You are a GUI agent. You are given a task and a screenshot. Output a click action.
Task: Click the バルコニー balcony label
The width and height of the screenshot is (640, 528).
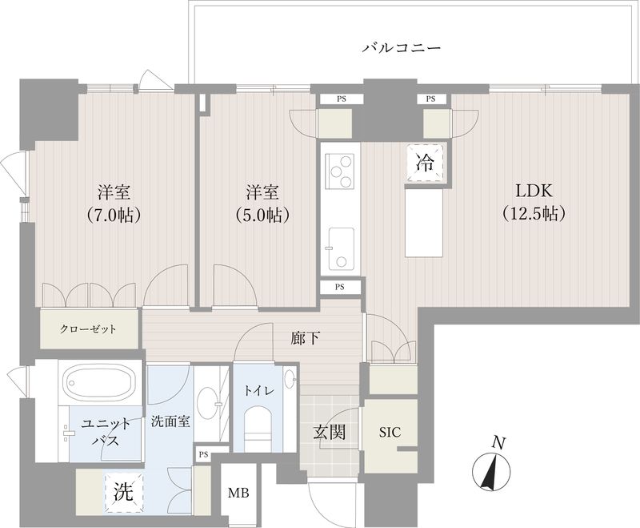click(x=402, y=48)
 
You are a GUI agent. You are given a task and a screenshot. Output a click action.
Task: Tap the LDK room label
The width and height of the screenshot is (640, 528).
click(x=534, y=191)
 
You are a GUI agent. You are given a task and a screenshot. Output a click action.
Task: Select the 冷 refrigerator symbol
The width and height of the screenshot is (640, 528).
click(x=425, y=163)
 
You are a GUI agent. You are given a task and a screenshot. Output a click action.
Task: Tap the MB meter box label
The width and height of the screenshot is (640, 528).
click(x=238, y=493)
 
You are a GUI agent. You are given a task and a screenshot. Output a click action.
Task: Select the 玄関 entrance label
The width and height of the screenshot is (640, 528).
click(x=329, y=433)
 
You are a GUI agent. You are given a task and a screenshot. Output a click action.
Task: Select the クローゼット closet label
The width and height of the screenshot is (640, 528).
click(x=88, y=328)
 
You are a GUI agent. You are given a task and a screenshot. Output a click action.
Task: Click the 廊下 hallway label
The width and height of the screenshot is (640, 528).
click(x=306, y=338)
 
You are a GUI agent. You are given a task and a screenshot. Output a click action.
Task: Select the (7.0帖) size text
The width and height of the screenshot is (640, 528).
click(x=115, y=214)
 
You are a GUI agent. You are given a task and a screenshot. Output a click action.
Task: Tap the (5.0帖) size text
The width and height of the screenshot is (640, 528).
click(x=262, y=214)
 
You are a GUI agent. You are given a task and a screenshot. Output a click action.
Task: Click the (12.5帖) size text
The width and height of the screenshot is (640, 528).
click(x=534, y=214)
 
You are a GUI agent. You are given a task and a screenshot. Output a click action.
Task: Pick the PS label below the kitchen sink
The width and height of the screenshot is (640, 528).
click(x=340, y=286)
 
